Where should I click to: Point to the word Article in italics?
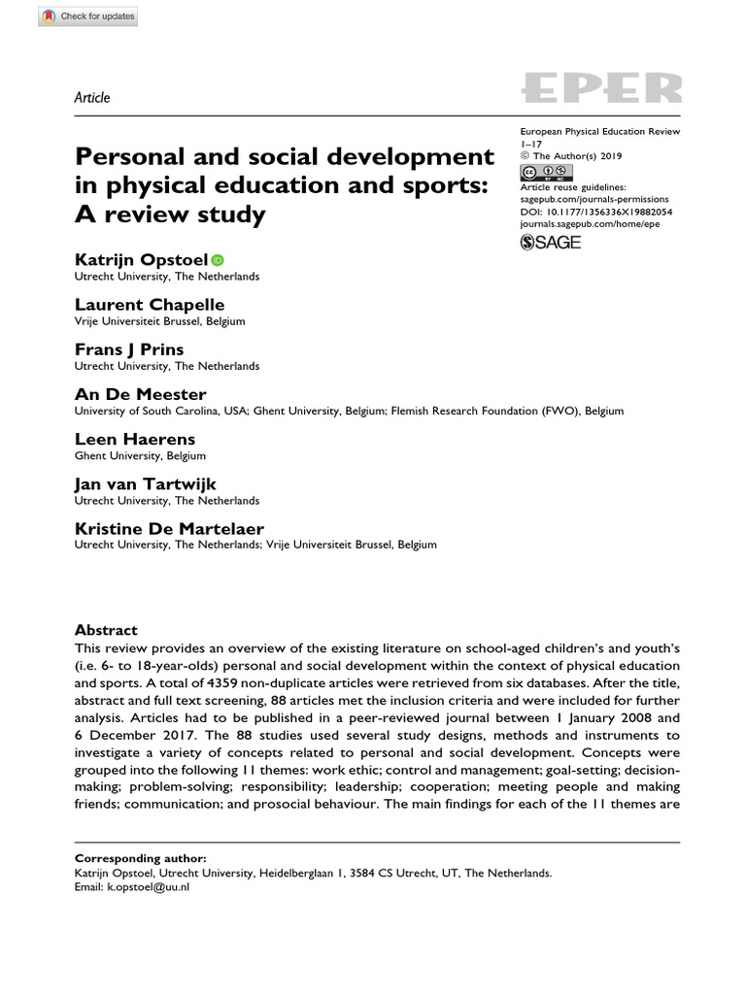(92, 97)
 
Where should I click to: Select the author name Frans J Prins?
(129, 348)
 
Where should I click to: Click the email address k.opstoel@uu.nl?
(149, 887)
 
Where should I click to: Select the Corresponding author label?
(140, 858)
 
